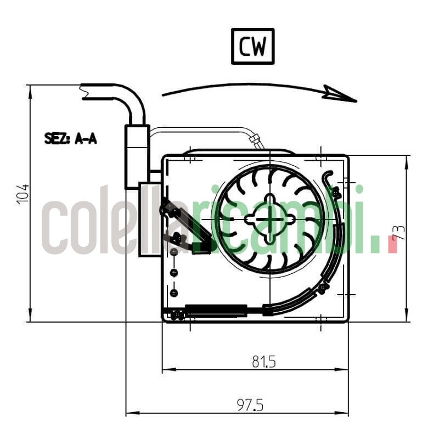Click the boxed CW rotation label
pyautogui.click(x=252, y=47)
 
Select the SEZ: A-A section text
pyautogui.click(x=70, y=139)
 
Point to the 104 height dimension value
pyautogui.click(x=22, y=194)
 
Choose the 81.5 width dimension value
pyautogui.click(x=263, y=362)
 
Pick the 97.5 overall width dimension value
pyautogui.click(x=250, y=405)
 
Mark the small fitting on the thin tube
pyautogui.click(x=255, y=140)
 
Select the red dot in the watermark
pyautogui.click(x=392, y=244)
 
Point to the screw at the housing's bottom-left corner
pyautogui.click(x=176, y=315)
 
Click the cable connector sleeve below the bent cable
pyautogui.click(x=137, y=157)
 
